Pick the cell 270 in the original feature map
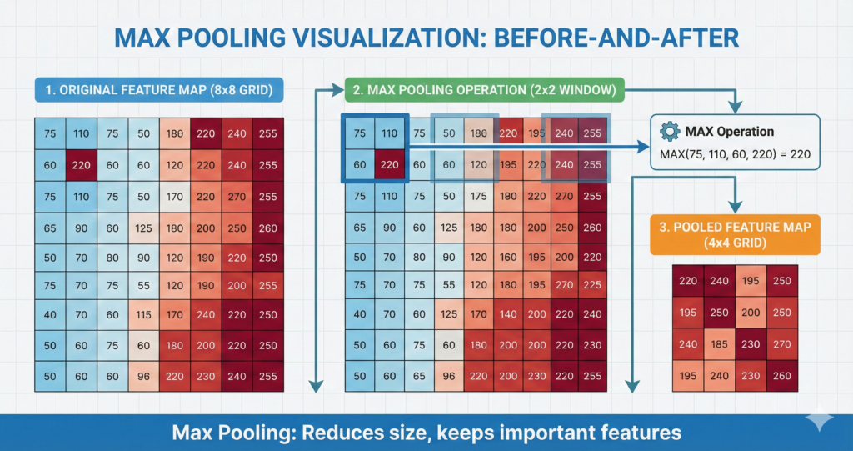(x=237, y=198)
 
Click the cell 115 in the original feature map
(x=144, y=315)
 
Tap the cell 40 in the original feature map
(x=50, y=315)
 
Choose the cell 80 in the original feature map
(x=112, y=257)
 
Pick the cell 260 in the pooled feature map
(x=781, y=374)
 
